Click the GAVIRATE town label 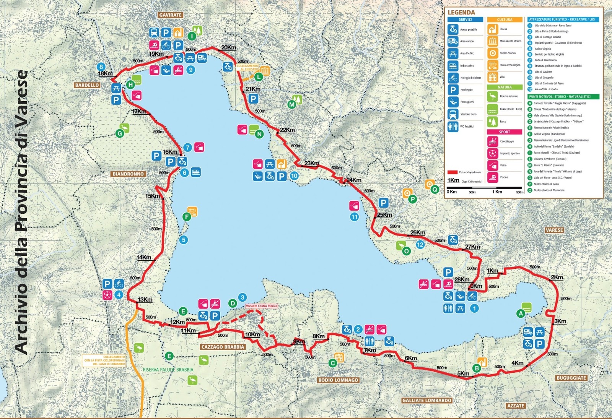click(x=170, y=15)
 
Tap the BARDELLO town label click(x=87, y=85)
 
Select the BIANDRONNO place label click(x=128, y=174)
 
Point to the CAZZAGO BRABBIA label click(x=223, y=347)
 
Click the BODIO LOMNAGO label click(x=338, y=380)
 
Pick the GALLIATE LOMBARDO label click(x=426, y=400)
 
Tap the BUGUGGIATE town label click(x=571, y=378)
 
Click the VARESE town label click(x=554, y=230)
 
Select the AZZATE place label click(x=516, y=406)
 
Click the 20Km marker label click(x=228, y=47)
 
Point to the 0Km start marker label click(x=476, y=286)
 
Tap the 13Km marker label click(x=145, y=300)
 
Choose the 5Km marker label click(x=463, y=374)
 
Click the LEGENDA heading click(x=461, y=12)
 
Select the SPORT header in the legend click(x=504, y=132)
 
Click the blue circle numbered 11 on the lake click(x=354, y=217)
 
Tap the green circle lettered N click(x=259, y=134)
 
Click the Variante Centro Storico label click(x=261, y=306)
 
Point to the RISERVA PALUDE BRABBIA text click(x=168, y=370)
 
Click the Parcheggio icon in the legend click(x=453, y=90)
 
